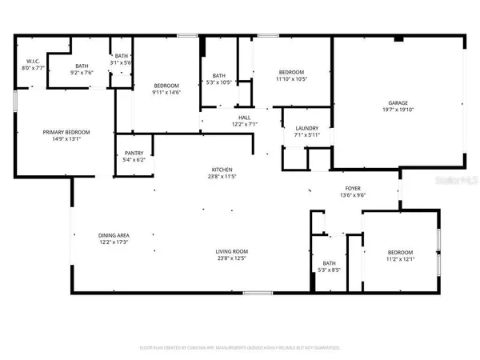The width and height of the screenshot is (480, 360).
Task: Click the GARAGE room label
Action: (398, 102)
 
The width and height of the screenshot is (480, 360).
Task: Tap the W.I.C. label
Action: (34, 62)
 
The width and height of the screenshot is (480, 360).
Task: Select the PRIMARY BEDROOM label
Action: (66, 132)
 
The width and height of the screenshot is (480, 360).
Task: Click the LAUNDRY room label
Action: (307, 129)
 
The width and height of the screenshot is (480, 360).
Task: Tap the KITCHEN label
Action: (222, 170)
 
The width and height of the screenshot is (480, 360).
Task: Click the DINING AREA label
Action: (113, 235)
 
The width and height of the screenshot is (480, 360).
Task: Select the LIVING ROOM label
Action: (230, 252)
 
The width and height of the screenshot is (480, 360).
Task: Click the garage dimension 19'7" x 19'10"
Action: (398, 110)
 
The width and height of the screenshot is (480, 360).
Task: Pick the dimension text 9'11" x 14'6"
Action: (166, 92)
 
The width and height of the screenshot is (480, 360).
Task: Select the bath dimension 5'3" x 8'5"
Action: (330, 270)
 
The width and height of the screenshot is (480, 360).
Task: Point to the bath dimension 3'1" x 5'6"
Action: (121, 62)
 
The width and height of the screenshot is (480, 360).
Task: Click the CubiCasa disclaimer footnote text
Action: (239, 348)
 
